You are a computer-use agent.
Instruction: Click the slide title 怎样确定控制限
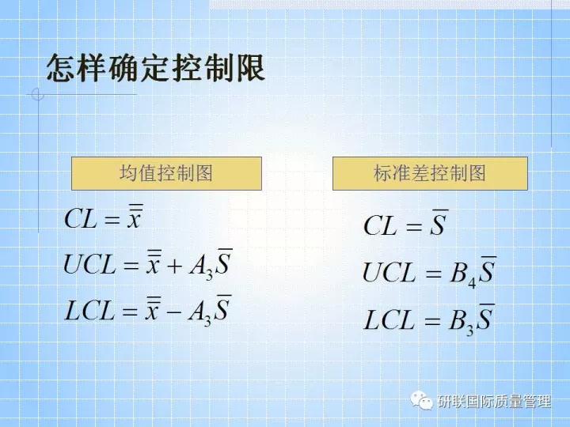coord(155,68)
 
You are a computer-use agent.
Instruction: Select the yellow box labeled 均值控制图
coord(166,173)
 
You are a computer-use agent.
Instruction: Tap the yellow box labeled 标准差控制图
coord(429,173)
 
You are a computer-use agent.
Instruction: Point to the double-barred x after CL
coord(135,216)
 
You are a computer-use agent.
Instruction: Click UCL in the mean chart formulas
coord(90,265)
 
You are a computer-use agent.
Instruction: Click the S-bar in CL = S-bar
coord(439,224)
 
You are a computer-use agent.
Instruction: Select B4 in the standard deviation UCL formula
coord(463,274)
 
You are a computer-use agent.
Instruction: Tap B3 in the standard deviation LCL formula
coord(463,321)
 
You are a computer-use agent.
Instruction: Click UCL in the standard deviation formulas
coord(389,274)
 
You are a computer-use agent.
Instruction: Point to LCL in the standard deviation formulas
coord(389,320)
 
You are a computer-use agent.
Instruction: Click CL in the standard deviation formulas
coord(380,226)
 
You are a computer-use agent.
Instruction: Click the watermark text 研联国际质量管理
coord(493,402)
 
